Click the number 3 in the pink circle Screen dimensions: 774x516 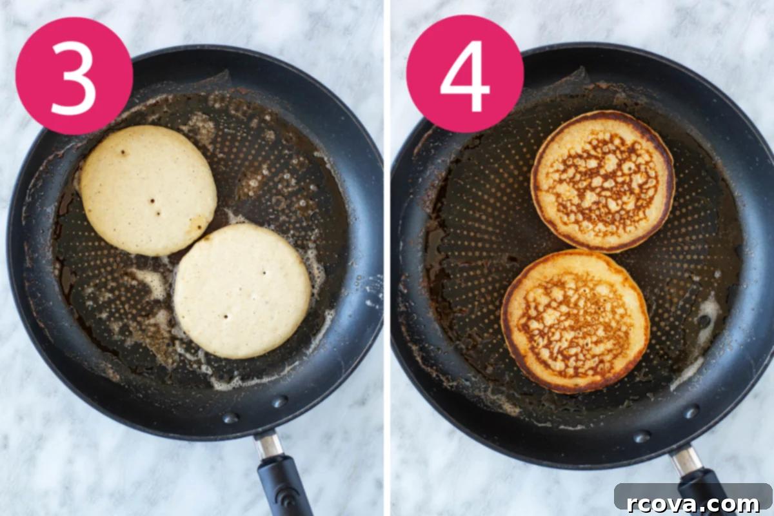(x=74, y=77)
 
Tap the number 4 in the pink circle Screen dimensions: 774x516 (x=465, y=76)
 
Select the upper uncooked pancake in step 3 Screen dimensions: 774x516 (x=148, y=190)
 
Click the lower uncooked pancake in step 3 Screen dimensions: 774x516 (x=243, y=291)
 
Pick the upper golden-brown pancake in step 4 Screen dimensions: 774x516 (x=602, y=181)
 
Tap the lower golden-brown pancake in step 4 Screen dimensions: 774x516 (x=575, y=321)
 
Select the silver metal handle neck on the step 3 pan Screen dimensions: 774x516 (x=268, y=445)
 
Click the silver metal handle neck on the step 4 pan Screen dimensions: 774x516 (x=686, y=460)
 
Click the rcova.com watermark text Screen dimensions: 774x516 (x=693, y=503)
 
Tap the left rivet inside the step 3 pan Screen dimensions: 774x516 (x=231, y=417)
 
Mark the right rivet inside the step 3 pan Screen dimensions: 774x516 (x=279, y=401)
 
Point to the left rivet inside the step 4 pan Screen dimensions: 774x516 (x=642, y=437)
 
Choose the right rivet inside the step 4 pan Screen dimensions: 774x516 (x=692, y=412)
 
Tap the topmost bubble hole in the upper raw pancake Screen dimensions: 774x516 (x=123, y=152)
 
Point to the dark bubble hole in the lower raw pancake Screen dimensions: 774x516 (x=226, y=316)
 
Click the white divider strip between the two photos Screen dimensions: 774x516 (x=387, y=258)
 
